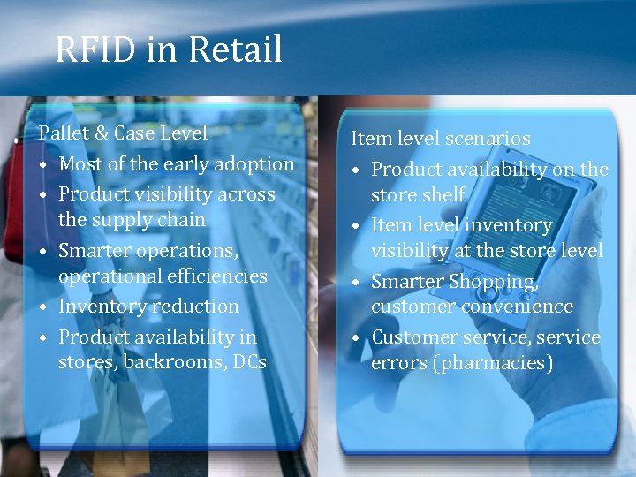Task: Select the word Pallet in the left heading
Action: tap(64, 133)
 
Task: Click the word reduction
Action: tap(197, 307)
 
